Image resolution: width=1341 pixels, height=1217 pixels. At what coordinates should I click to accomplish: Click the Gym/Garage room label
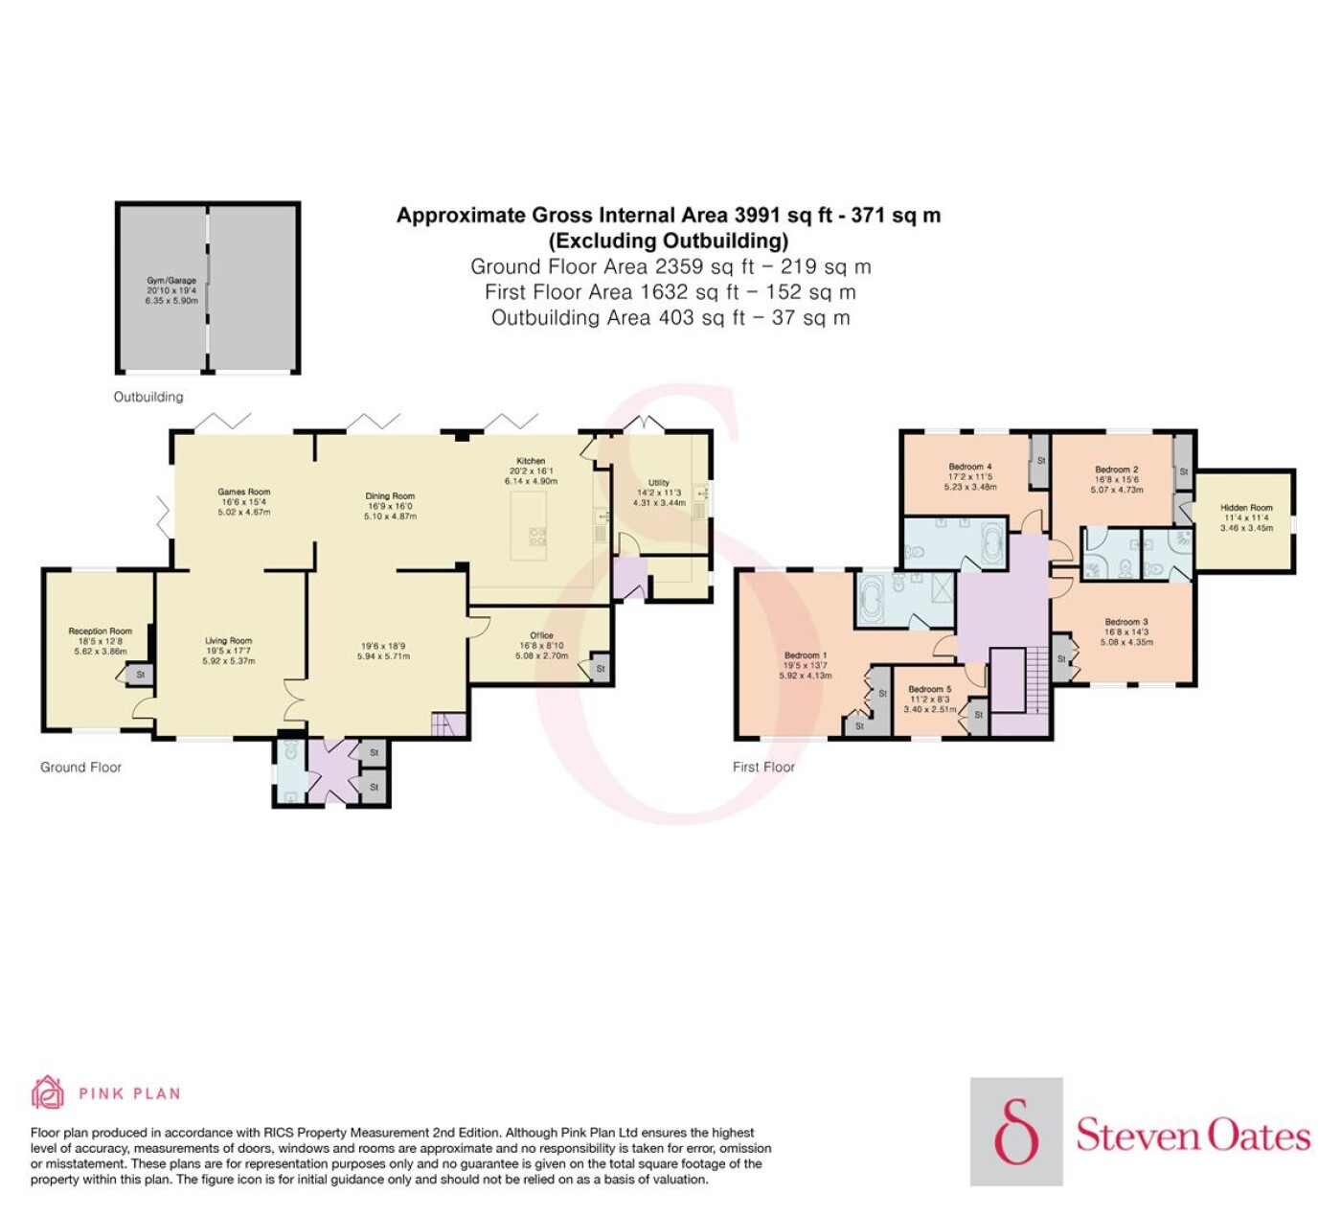point(171,281)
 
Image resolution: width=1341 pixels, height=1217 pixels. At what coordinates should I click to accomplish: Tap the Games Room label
point(244,492)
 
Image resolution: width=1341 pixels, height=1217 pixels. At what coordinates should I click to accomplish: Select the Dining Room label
point(391,496)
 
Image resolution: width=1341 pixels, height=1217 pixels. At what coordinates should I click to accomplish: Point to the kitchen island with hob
point(529,525)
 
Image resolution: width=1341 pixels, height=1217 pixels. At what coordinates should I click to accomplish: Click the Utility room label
point(658,482)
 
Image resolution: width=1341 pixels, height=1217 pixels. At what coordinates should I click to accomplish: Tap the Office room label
point(541,635)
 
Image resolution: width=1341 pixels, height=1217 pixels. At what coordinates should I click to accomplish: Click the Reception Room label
point(101,631)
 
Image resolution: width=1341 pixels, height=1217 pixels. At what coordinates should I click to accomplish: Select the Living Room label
point(229,640)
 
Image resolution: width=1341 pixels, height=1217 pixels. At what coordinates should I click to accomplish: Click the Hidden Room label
point(1246,508)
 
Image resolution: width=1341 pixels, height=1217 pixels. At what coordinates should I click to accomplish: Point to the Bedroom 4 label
point(970,467)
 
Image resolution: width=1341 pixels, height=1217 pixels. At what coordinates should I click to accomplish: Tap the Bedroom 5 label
point(930,689)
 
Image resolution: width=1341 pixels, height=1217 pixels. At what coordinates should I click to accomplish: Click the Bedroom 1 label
point(806,655)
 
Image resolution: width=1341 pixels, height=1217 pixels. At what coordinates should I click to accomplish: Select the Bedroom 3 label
point(1126,622)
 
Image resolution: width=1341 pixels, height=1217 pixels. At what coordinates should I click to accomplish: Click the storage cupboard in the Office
point(600,668)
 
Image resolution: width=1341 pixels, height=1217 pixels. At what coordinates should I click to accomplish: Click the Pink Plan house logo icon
point(48,1092)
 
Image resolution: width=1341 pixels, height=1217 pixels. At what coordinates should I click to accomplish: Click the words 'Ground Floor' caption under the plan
point(80,768)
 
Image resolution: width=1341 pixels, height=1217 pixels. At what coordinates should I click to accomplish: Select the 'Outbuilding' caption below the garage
point(148,397)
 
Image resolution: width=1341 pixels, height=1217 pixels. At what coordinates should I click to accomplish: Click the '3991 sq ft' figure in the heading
point(784,216)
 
